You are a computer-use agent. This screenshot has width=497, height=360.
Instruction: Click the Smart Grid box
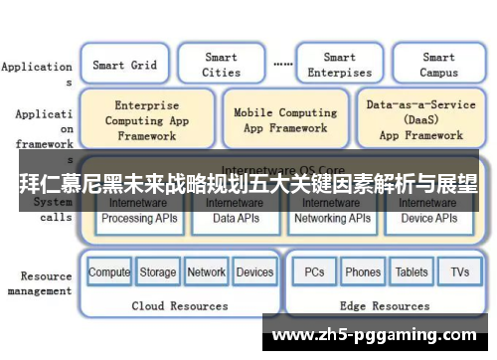pyautogui.click(x=124, y=66)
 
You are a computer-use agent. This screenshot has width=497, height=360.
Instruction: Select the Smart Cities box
pyautogui.click(x=221, y=66)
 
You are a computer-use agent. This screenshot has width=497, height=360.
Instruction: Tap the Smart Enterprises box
pyautogui.click(x=339, y=66)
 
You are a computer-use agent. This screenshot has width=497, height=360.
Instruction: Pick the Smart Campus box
pyautogui.click(x=438, y=66)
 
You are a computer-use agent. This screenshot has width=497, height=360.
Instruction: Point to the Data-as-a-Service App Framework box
pyautogui.click(x=420, y=119)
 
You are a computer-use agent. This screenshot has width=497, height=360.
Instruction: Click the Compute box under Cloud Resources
pyautogui.click(x=109, y=271)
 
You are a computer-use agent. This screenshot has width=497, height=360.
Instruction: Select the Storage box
pyautogui.click(x=157, y=271)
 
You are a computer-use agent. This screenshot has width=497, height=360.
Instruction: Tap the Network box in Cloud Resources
pyautogui.click(x=206, y=271)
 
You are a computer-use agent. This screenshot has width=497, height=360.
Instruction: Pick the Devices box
pyautogui.click(x=254, y=271)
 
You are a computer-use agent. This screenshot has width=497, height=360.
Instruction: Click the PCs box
pyautogui.click(x=314, y=271)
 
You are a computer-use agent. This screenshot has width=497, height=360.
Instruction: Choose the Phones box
pyautogui.click(x=363, y=271)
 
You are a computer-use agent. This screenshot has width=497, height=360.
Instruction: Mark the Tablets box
pyautogui.click(x=412, y=271)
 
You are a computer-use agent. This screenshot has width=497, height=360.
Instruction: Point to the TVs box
pyautogui.click(x=459, y=271)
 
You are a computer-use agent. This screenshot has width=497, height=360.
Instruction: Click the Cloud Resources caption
pyautogui.click(x=180, y=306)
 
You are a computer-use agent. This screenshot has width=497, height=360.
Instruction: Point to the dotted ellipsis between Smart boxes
pyautogui.click(x=282, y=63)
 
